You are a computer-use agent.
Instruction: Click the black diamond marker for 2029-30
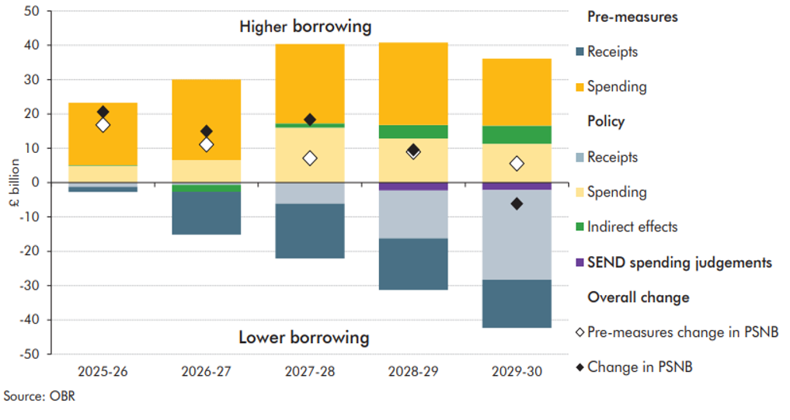tap(517, 203)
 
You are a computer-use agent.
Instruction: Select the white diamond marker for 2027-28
tap(310, 158)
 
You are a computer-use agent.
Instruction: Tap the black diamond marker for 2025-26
tap(103, 113)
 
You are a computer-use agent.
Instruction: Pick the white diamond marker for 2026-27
tap(206, 144)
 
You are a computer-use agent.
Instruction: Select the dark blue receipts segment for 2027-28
tap(310, 231)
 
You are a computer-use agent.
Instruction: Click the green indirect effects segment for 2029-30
tap(517, 134)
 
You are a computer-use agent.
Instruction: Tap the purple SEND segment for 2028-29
tap(413, 186)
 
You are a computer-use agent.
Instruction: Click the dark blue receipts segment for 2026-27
tap(206, 213)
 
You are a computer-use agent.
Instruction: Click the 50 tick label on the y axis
tap(33, 11)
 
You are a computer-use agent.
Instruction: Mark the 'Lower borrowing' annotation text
tap(304, 337)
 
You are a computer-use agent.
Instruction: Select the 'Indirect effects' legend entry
tap(632, 227)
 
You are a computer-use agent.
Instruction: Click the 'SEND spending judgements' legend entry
tap(680, 262)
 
